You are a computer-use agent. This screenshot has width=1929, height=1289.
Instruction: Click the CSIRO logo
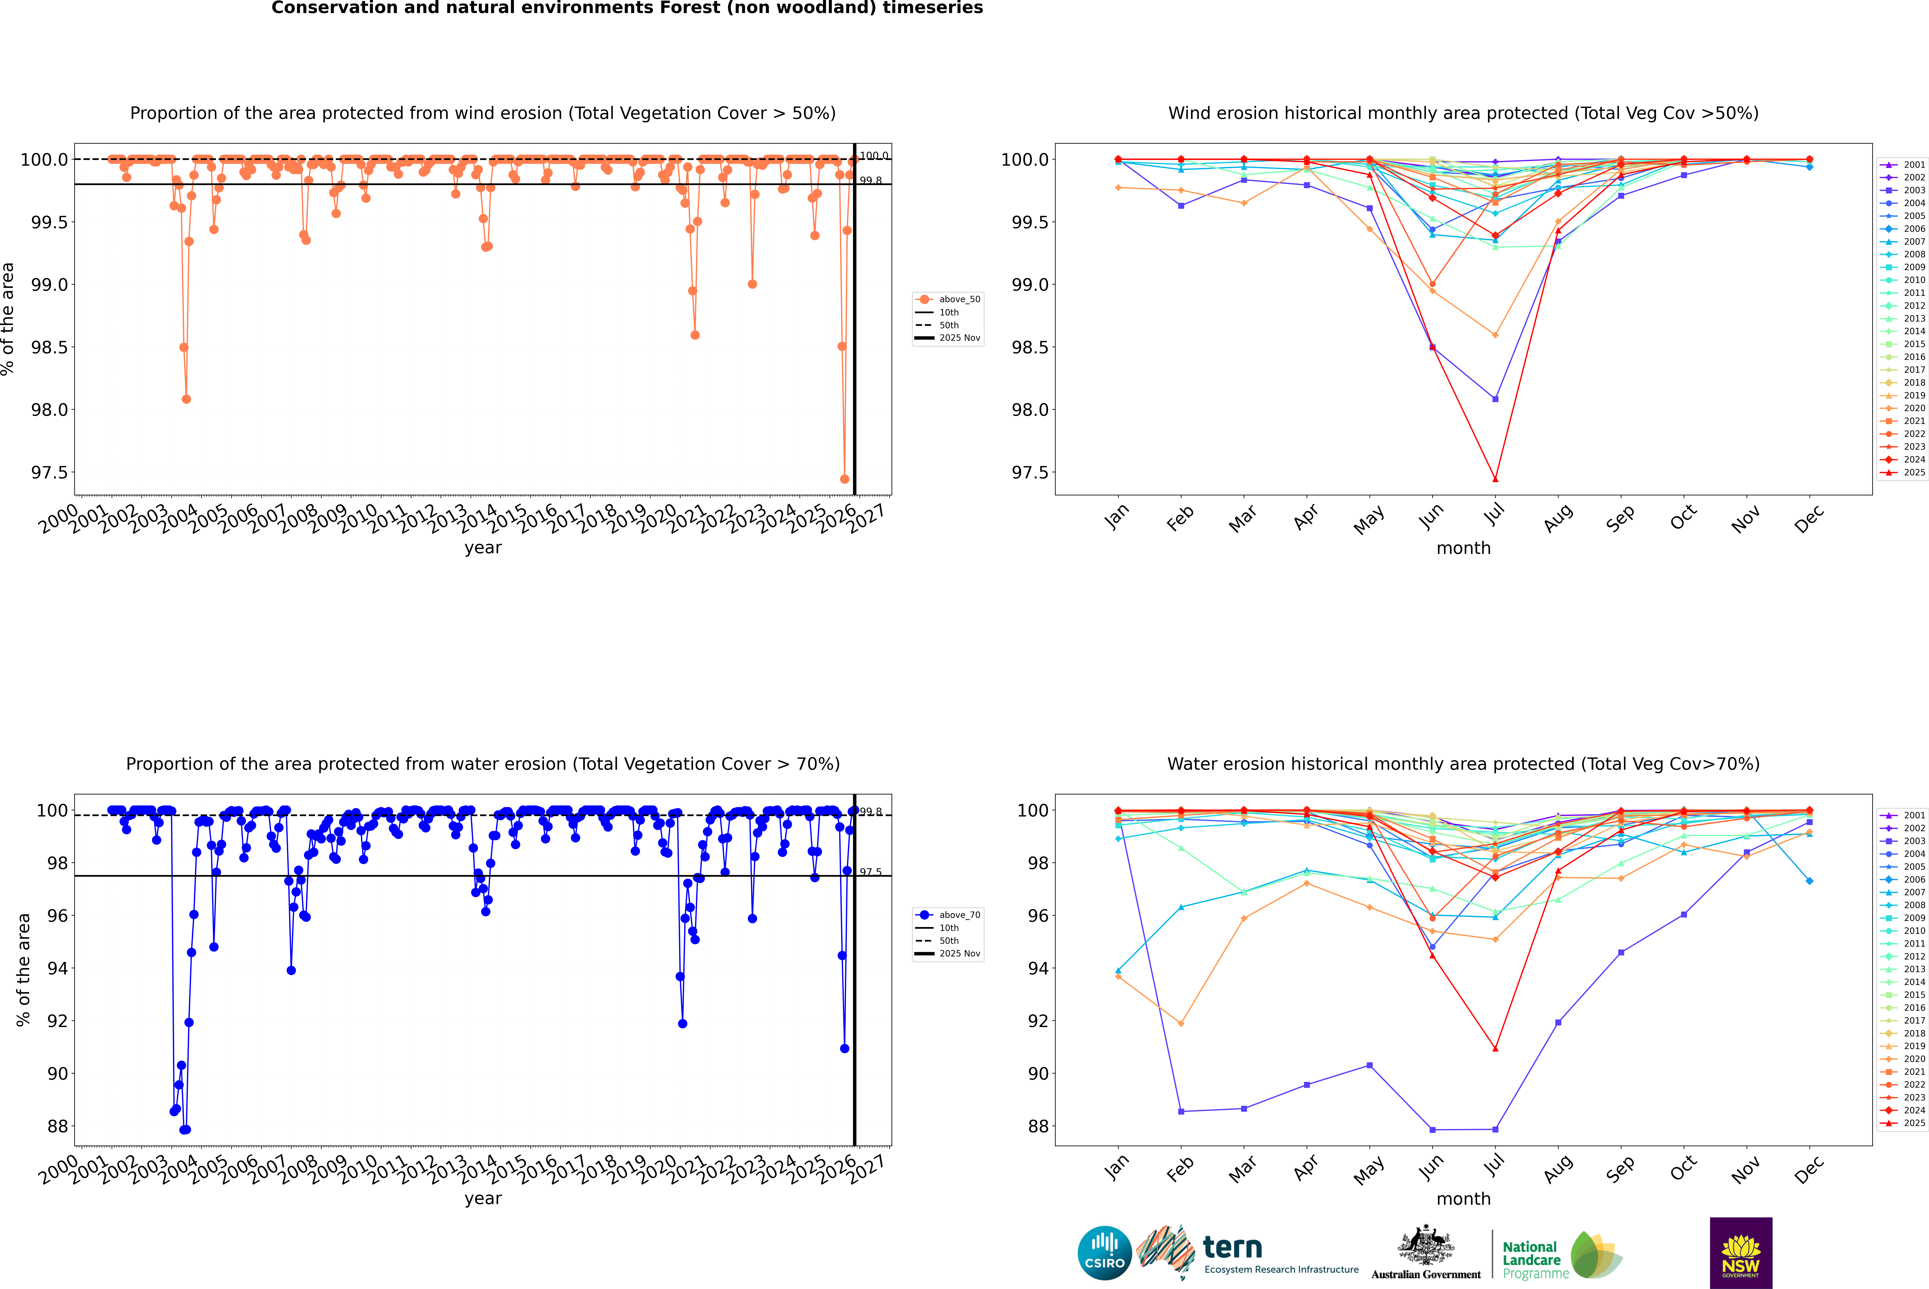pos(1104,1253)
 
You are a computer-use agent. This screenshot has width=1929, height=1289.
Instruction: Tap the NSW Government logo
pos(1741,1253)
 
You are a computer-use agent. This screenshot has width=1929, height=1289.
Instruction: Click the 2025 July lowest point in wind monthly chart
pos(1495,479)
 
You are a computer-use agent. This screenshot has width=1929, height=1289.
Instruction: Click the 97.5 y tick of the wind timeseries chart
pos(49,473)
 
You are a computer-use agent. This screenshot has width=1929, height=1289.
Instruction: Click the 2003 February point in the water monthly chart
pos(1181,1112)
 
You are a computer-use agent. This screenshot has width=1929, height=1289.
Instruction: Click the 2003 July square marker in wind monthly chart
pos(1495,399)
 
